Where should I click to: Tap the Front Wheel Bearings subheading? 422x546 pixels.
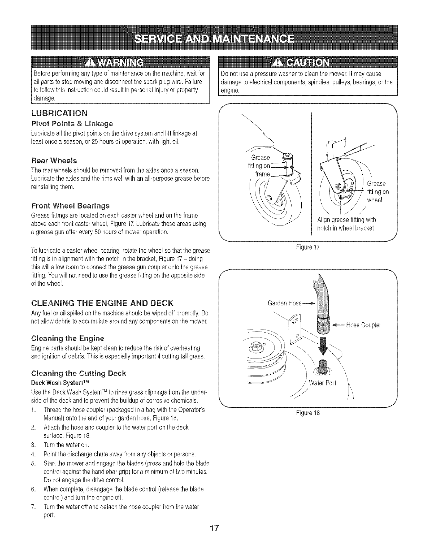click(x=70, y=206)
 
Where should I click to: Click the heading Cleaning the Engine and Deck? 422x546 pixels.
click(x=102, y=303)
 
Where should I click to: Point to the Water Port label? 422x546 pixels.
click(x=322, y=383)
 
